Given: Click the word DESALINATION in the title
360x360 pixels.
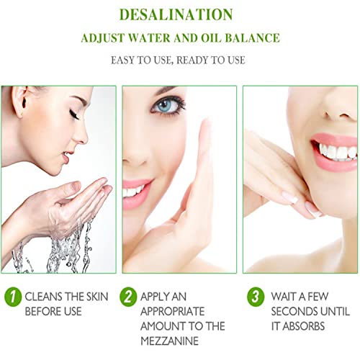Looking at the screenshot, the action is click(176, 14).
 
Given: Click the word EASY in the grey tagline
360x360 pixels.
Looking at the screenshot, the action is click(122, 60).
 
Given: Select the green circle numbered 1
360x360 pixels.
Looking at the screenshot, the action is click(13, 297).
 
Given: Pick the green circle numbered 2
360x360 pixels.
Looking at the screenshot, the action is click(128, 297).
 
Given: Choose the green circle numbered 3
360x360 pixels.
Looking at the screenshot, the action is click(256, 297).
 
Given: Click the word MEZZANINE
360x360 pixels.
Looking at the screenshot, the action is click(169, 341).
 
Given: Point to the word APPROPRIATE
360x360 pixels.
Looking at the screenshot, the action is click(172, 312).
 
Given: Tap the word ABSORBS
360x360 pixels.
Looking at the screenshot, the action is click(304, 326).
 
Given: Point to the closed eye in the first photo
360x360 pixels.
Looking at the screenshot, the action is click(75, 114).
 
